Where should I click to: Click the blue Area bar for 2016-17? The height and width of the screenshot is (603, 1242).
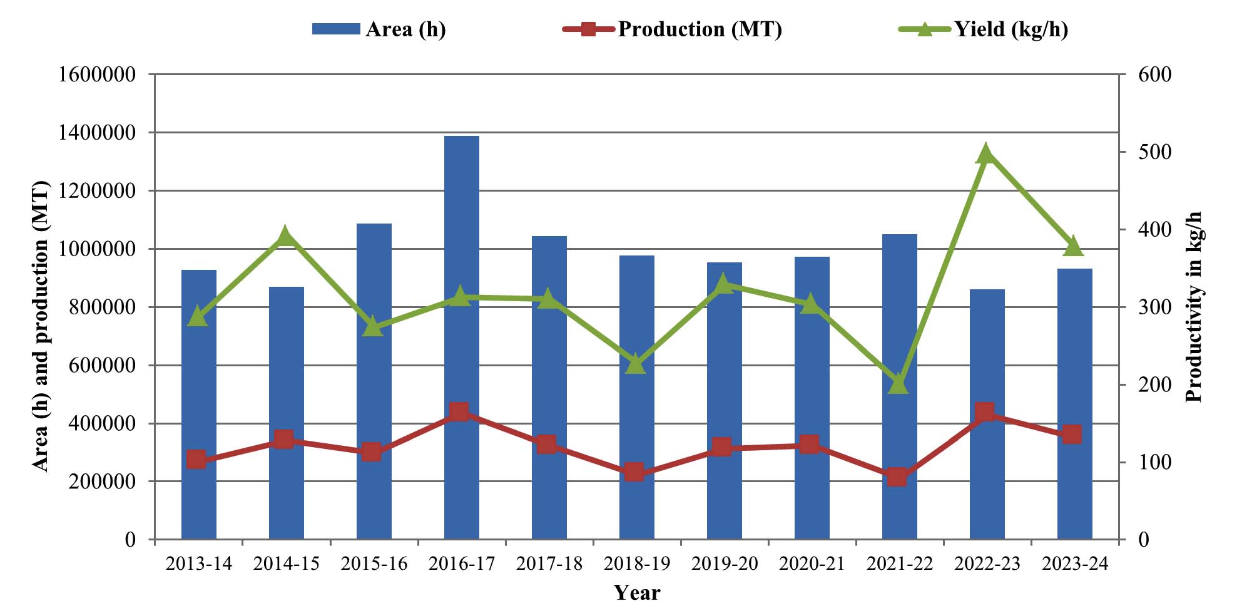462,338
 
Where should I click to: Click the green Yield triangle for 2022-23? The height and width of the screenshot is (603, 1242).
985,153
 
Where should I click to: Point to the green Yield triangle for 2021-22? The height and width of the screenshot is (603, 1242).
898,384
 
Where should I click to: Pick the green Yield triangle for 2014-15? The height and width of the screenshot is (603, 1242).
285,236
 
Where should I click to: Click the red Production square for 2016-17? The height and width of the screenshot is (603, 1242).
460,411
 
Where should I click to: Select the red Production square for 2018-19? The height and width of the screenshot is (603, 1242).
634,472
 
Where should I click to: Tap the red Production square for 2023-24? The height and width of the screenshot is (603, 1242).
1072,434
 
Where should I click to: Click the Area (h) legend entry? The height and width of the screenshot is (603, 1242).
379,29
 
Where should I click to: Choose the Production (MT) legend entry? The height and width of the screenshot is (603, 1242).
673,29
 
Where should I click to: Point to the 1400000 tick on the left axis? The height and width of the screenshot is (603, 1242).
97,133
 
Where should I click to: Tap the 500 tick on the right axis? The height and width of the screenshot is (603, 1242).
1154,152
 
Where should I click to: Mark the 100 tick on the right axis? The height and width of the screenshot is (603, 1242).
1154,462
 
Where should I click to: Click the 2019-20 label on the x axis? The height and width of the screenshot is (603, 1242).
725,564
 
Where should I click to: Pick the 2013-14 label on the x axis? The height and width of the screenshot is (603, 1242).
199,564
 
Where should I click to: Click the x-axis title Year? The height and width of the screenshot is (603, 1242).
637,592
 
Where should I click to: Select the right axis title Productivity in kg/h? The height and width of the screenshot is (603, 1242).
1194,307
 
